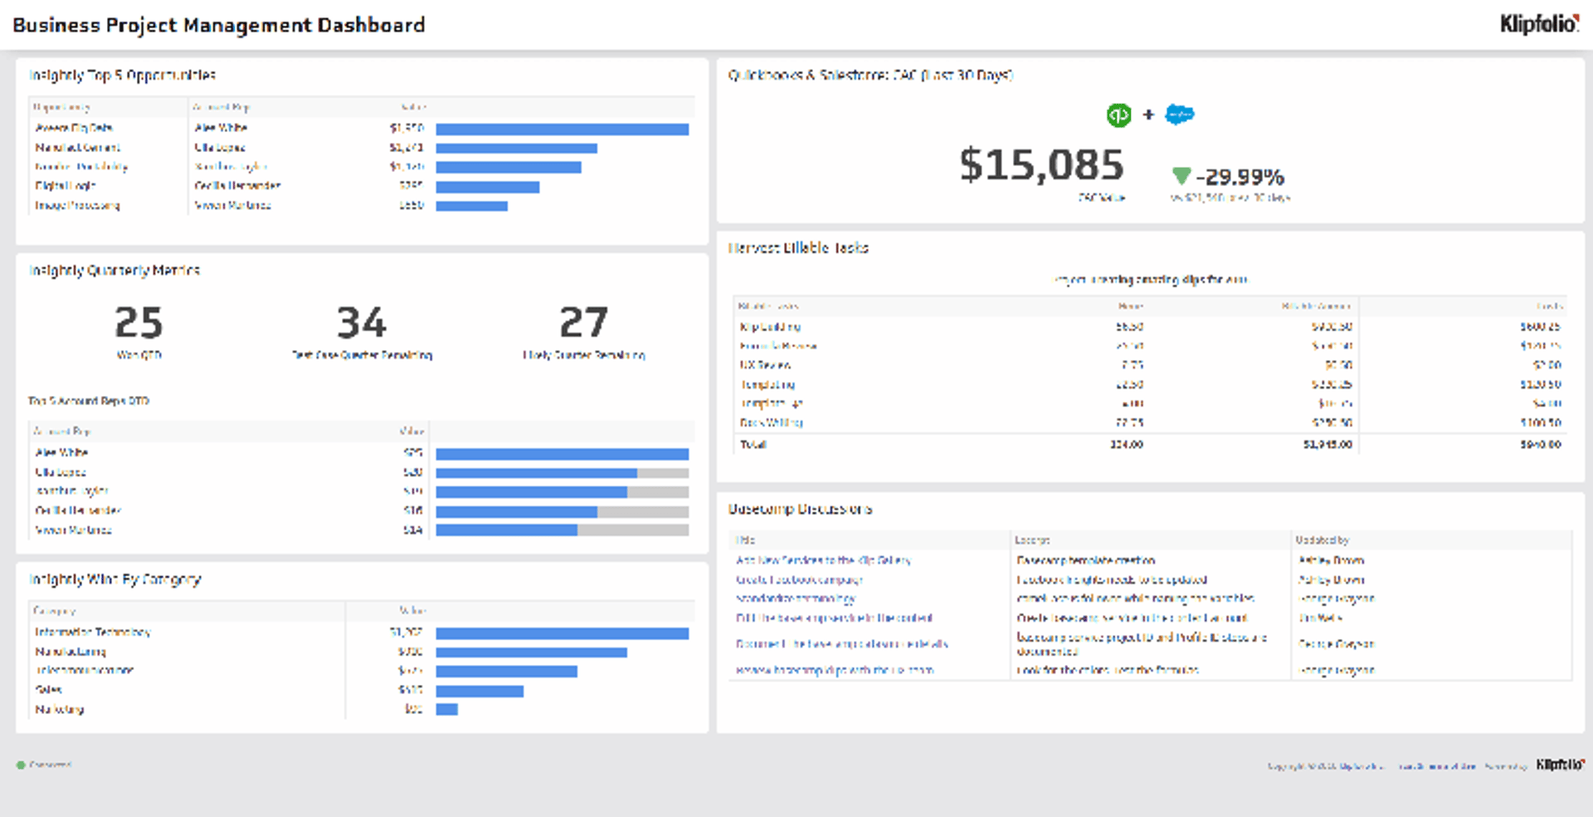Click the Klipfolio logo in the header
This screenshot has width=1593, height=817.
point(1539,23)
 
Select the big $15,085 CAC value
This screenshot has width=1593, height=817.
point(1041,164)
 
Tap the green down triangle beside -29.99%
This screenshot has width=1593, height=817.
point(1181,175)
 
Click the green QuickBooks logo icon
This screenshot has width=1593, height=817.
point(1118,115)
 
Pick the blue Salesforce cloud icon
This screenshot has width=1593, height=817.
point(1179,115)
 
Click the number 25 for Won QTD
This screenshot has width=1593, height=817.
point(139,322)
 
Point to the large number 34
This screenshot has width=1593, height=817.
point(361,322)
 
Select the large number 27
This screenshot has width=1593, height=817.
point(583,322)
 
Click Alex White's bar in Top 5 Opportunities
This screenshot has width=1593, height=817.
point(562,129)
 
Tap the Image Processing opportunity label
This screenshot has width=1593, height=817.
point(77,205)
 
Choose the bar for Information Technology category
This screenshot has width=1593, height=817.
point(562,634)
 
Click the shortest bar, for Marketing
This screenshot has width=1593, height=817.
point(446,709)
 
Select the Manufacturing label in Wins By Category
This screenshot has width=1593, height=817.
point(71,652)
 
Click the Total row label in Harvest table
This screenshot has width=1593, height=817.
point(753,444)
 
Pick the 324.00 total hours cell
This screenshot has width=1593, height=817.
point(1126,444)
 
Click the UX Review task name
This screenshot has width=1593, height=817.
point(765,364)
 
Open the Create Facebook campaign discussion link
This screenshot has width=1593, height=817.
point(799,580)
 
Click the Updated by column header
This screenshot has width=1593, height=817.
point(1322,540)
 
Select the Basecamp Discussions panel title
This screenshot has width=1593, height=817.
point(800,508)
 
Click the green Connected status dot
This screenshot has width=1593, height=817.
point(21,765)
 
